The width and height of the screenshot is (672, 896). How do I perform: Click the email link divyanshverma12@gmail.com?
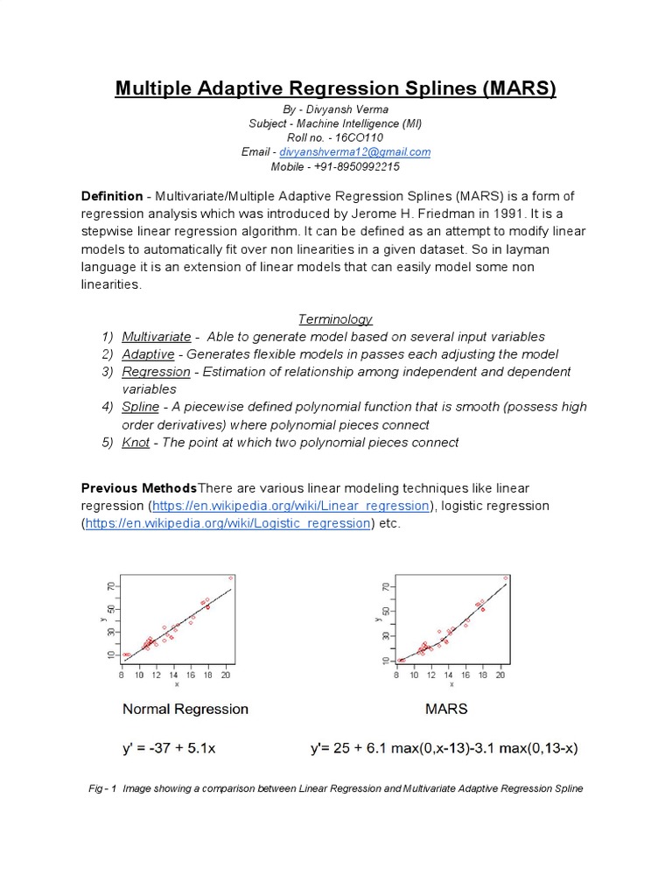coord(354,152)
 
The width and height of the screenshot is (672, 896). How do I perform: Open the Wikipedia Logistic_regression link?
coord(227,523)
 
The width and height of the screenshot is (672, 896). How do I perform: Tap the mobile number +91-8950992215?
coord(354,167)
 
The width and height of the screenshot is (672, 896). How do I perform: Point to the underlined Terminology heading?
coord(336,319)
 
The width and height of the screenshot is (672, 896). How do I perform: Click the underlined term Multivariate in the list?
coord(156,337)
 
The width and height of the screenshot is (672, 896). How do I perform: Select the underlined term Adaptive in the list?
coord(148,354)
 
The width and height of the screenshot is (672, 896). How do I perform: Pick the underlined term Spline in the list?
coord(140,407)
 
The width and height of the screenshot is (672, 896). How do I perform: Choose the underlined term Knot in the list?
coord(136,442)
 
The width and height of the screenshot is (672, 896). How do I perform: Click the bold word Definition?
coord(111,195)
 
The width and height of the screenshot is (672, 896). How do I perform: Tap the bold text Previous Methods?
coord(139,487)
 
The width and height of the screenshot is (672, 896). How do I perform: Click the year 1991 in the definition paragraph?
coord(510,213)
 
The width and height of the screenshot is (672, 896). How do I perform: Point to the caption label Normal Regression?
coord(185,709)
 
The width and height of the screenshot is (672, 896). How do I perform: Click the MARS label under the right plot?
coord(446,709)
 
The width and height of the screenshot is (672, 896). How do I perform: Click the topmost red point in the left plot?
coord(230,577)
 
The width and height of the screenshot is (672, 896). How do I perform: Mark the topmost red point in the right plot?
coord(506,578)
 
